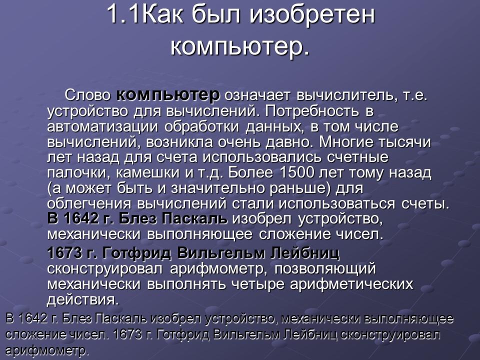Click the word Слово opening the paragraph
88,95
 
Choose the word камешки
140,173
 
